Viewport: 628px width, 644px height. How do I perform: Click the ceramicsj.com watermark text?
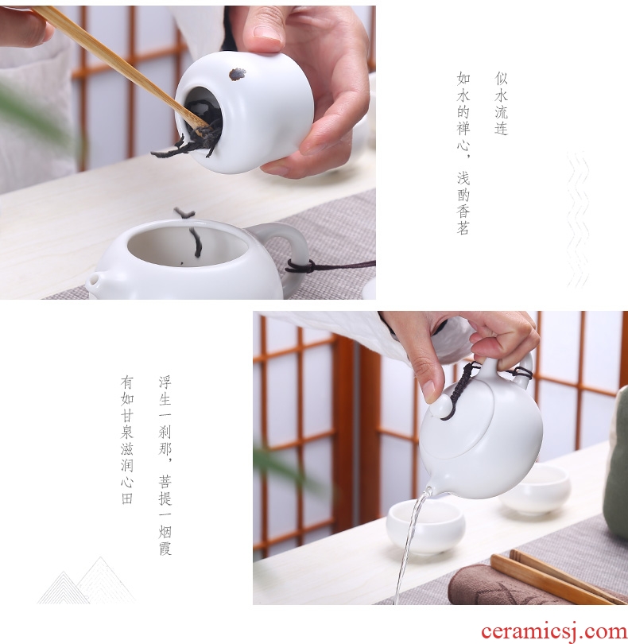pos(555,632)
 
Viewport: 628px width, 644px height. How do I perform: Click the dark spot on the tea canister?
pos(238,75)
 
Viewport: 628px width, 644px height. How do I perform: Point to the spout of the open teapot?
pos(94,281)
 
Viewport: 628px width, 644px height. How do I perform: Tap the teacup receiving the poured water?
pos(425,527)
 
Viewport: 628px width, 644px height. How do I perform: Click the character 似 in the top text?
pos(501,78)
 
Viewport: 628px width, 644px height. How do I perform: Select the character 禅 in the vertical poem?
pos(463,128)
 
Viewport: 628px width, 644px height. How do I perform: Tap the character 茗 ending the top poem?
pos(463,228)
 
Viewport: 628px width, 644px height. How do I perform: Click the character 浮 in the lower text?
pos(165,382)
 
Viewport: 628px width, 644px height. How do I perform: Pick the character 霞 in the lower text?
pos(165,549)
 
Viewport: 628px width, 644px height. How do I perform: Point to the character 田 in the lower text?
pos(127,499)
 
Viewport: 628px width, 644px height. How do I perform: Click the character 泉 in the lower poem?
pos(127,432)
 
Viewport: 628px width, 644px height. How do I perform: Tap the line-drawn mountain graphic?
pos(86,580)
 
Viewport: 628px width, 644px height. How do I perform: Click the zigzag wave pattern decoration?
pos(578,219)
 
